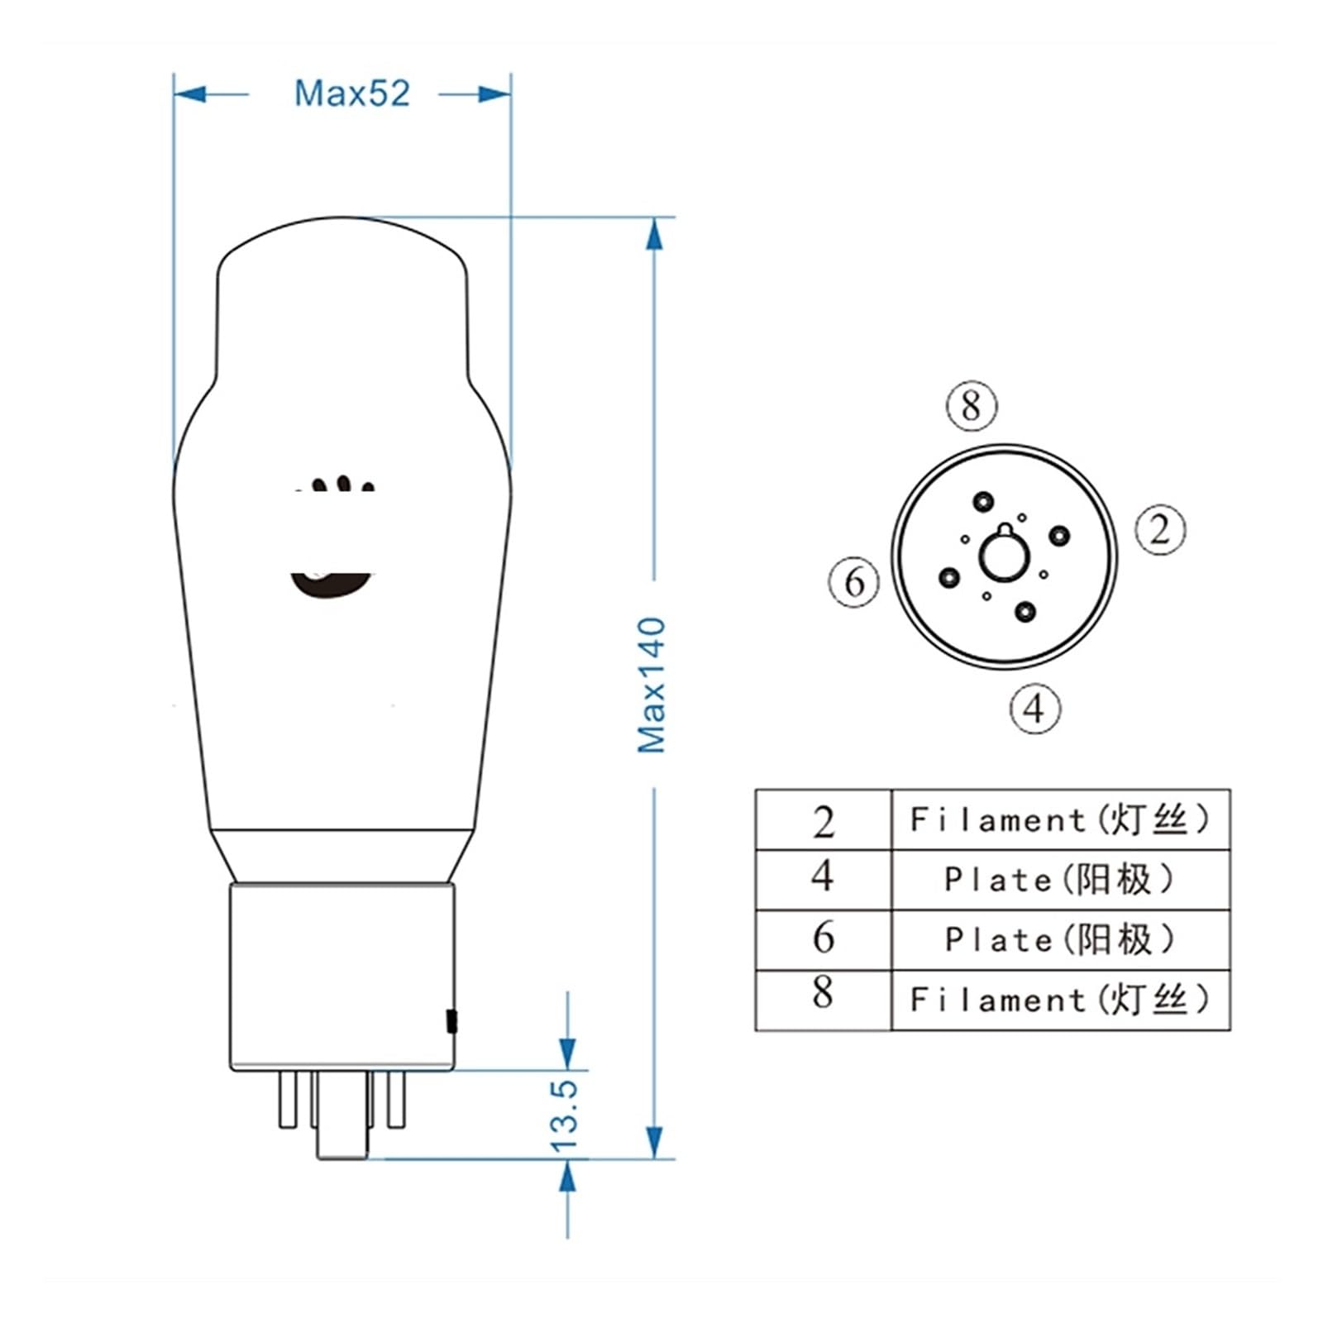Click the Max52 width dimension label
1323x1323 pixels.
pyautogui.click(x=352, y=93)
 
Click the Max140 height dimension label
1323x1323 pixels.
pyautogui.click(x=652, y=685)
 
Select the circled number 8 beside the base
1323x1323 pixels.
pyautogui.click(x=972, y=406)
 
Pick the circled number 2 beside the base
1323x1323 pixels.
pyautogui.click(x=1159, y=530)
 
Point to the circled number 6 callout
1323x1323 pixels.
pyautogui.click(x=854, y=582)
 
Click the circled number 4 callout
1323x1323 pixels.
pyautogui.click(x=1034, y=709)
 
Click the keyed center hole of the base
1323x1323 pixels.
pyautogui.click(x=1004, y=556)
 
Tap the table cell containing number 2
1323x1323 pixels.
pyautogui.click(x=823, y=821)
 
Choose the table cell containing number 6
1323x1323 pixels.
pyautogui.click(x=823, y=939)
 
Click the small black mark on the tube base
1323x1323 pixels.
pyautogui.click(x=451, y=1021)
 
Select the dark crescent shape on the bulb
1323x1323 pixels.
pyautogui.click(x=331, y=585)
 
